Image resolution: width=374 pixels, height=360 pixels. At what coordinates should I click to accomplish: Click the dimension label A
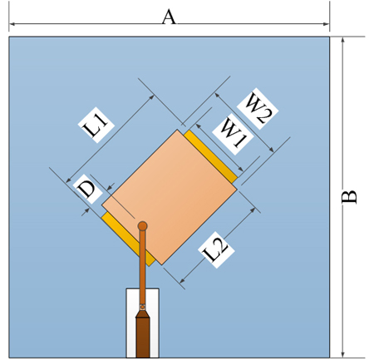(169, 17)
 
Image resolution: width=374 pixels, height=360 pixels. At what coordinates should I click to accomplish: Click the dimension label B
(349, 197)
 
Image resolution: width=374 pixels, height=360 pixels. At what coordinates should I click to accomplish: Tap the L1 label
(96, 125)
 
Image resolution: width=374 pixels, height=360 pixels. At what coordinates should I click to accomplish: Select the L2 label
(216, 249)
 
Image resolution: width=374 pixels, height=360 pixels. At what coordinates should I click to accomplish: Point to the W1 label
(233, 134)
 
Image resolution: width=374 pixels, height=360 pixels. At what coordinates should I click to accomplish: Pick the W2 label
(258, 109)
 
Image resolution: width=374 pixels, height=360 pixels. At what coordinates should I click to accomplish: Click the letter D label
(87, 189)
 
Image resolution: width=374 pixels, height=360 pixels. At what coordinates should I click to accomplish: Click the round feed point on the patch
(142, 226)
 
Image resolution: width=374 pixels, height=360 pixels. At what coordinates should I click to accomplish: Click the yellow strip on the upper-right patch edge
(210, 156)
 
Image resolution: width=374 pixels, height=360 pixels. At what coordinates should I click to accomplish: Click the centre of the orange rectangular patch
(170, 197)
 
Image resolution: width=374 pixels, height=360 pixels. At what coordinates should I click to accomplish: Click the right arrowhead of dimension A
(326, 24)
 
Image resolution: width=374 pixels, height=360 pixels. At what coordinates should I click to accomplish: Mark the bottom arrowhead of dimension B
(343, 354)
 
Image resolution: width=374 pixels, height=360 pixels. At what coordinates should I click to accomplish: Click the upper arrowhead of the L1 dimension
(151, 97)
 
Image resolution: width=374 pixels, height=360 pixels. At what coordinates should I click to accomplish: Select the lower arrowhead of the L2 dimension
(182, 280)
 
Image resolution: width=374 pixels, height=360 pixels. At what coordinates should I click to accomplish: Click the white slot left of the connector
(131, 323)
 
